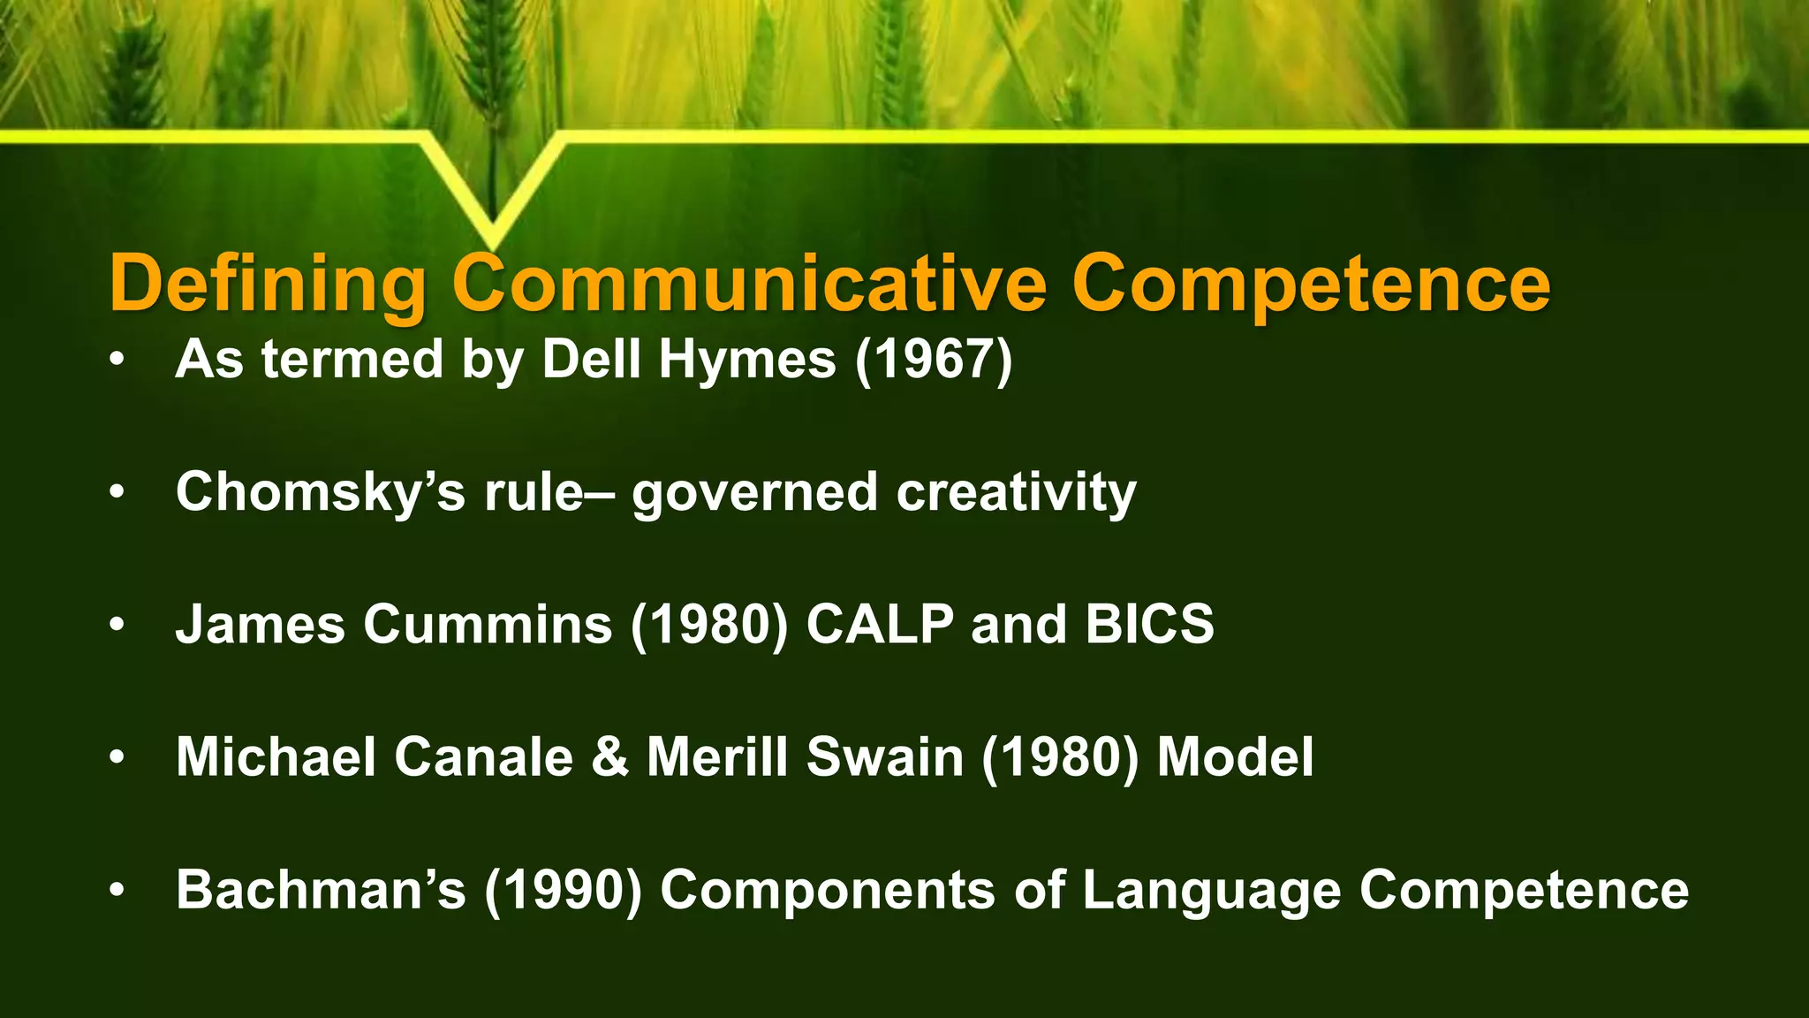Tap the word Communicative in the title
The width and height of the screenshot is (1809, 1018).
coord(750,285)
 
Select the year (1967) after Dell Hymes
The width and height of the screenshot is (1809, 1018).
coord(934,360)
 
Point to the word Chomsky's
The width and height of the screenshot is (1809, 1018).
coord(320,492)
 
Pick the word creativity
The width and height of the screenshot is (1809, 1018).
coord(1016,492)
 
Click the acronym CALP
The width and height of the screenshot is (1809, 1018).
coord(880,625)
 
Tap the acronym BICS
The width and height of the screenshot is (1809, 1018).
coord(1149,625)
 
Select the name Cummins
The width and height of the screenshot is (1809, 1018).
coord(488,625)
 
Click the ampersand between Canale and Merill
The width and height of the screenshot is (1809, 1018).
coord(609,757)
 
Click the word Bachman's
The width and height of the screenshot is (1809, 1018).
coord(320,890)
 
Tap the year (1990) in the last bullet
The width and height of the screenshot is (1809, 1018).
coord(563,890)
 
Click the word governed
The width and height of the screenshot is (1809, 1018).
coord(754,492)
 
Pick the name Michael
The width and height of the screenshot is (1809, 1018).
coord(276,757)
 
